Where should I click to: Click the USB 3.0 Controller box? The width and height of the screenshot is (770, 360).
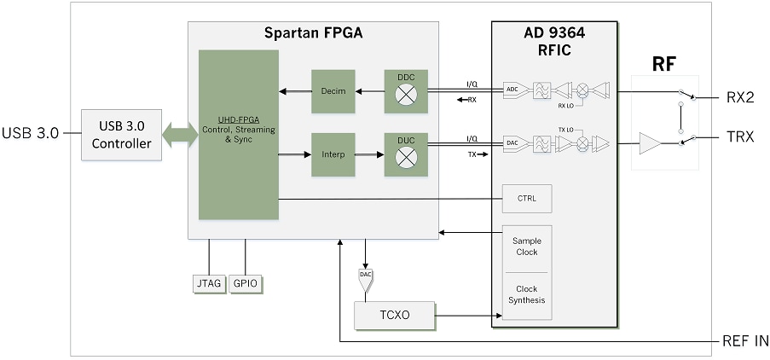pyautogui.click(x=123, y=135)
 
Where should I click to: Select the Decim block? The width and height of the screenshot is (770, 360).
pyautogui.click(x=333, y=91)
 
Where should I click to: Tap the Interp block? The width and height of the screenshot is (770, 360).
pyautogui.click(x=333, y=155)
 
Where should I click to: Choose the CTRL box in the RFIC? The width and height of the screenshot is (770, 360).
pyautogui.click(x=527, y=199)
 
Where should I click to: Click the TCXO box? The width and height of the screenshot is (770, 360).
pyautogui.click(x=394, y=315)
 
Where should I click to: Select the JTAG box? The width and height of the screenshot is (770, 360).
pyautogui.click(x=208, y=283)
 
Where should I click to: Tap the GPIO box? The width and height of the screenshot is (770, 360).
pyautogui.click(x=245, y=283)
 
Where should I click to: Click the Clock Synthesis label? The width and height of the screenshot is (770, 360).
pyautogui.click(x=526, y=294)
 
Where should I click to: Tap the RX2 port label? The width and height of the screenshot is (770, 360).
pyautogui.click(x=739, y=97)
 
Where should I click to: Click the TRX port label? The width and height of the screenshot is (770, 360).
pyautogui.click(x=739, y=137)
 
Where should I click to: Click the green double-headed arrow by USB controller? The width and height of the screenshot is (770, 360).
pyautogui.click(x=180, y=135)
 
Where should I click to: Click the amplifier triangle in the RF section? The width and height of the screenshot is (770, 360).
pyautogui.click(x=651, y=143)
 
